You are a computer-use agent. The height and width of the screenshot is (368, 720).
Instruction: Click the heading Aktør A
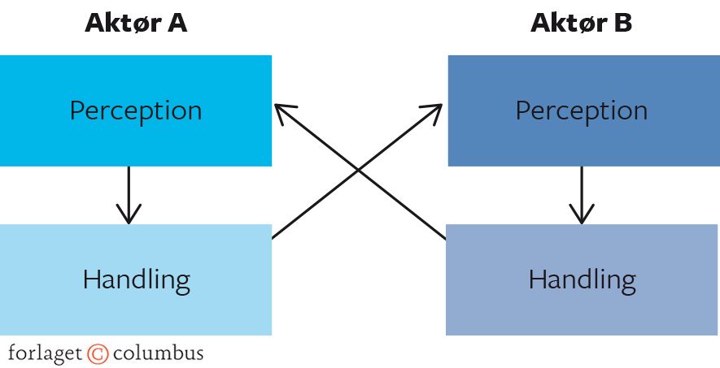136,24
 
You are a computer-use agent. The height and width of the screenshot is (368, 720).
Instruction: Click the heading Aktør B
581,24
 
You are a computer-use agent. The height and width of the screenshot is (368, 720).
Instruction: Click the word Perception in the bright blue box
136,110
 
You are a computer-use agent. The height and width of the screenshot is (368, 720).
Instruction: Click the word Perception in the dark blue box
581,110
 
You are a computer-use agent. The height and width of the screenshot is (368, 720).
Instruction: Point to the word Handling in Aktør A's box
136,280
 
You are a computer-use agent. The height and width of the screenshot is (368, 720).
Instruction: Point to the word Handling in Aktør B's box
581,280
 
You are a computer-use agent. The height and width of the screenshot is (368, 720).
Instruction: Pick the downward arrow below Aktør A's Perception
129,195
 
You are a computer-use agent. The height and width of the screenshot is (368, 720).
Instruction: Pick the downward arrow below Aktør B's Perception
581,195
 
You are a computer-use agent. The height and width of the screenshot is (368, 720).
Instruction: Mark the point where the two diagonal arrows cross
359,170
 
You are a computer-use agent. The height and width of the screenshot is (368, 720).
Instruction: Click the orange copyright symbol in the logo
98,354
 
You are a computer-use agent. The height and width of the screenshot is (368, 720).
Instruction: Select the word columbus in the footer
158,354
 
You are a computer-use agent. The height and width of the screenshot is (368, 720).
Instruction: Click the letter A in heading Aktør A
177,24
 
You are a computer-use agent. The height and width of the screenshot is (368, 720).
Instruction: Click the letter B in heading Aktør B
622,24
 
